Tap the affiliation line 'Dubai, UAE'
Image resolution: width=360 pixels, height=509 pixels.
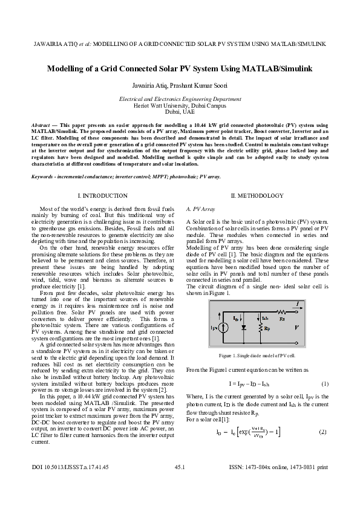(180, 112)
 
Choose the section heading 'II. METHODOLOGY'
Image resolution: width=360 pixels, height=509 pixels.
(257, 196)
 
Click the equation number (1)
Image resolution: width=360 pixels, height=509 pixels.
(324, 384)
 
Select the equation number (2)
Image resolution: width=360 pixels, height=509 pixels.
(323, 432)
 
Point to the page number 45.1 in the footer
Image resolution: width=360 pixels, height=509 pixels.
(180, 484)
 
